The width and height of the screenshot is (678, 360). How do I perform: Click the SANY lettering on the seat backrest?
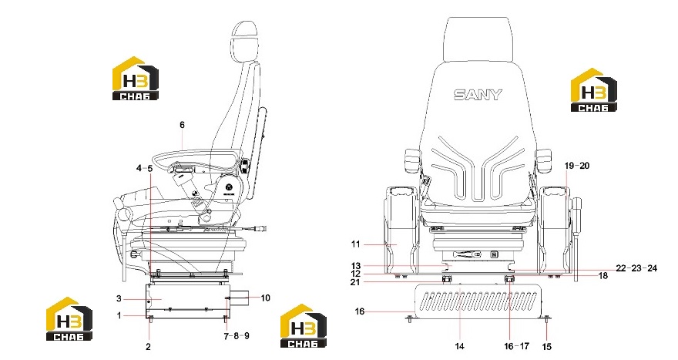tap(478, 95)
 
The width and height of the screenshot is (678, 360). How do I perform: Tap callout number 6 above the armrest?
tap(182, 125)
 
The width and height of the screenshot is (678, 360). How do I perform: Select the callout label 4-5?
tap(144, 168)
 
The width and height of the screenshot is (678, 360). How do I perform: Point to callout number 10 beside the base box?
tap(265, 298)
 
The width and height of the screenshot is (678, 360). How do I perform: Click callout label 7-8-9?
tap(237, 336)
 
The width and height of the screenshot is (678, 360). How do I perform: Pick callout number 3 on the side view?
tap(119, 298)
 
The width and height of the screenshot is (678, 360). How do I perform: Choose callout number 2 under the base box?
tap(148, 347)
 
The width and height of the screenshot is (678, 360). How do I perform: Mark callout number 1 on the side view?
tap(119, 316)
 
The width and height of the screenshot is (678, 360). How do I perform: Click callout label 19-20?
tap(577, 166)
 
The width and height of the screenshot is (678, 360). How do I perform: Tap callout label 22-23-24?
tap(636, 268)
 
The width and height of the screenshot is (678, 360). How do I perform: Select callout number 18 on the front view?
tap(602, 276)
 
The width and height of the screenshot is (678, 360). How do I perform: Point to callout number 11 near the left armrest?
tap(355, 244)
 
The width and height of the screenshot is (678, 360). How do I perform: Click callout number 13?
tap(355, 266)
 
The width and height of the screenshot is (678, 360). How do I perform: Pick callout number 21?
tap(355, 282)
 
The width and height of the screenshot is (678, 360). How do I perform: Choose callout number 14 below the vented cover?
tap(459, 346)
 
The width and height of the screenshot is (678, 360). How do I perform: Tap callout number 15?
tap(546, 347)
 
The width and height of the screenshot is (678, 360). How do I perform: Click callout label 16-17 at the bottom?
tap(517, 346)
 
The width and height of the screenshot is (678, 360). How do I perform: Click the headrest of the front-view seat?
tap(478, 40)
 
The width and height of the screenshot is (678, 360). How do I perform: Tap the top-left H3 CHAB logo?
tap(136, 79)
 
